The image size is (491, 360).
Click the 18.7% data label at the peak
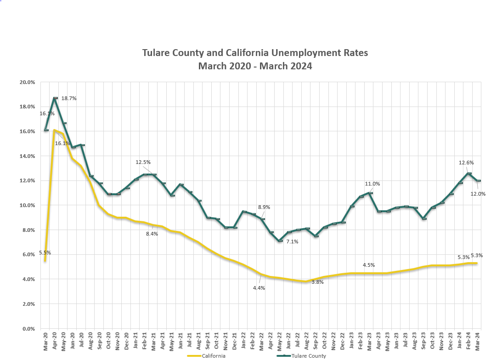[69, 98]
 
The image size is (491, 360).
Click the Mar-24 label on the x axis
[477, 341]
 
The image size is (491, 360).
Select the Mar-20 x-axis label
[45, 341]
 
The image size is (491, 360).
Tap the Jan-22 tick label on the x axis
[243, 341]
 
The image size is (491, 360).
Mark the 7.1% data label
[292, 242]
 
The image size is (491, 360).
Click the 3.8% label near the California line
[317, 282]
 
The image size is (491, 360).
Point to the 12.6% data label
[466, 163]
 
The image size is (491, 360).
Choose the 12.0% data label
[478, 194]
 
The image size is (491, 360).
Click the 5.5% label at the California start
[45, 253]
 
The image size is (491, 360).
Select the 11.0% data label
[372, 184]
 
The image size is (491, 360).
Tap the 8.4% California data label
[152, 234]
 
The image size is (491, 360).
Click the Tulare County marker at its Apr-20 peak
[55, 98]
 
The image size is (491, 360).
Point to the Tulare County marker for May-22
[280, 241]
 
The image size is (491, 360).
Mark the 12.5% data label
[143, 162]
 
